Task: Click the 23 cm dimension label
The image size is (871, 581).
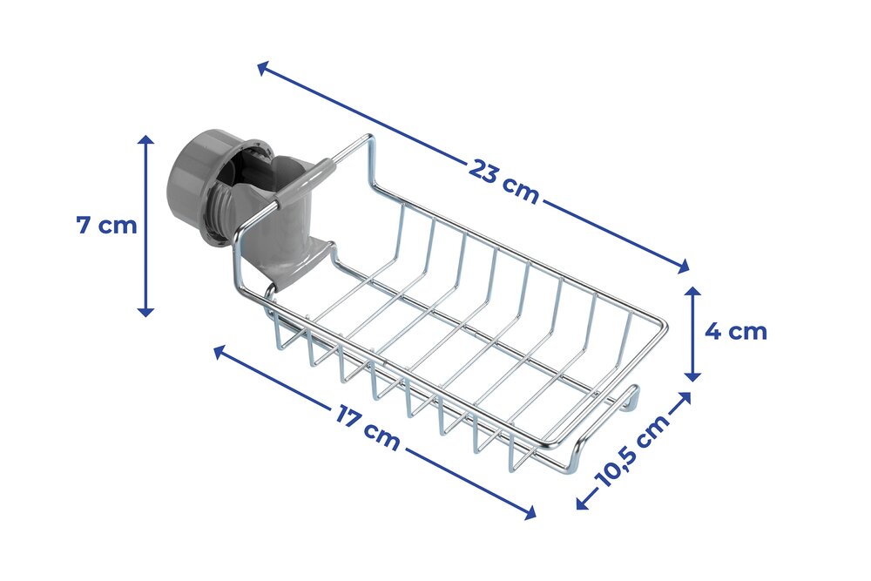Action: click(503, 181)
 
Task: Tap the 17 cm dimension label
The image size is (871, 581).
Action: click(368, 427)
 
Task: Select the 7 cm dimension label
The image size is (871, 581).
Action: click(106, 226)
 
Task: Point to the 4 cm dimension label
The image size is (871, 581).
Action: click(736, 332)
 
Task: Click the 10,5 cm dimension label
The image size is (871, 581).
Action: click(632, 450)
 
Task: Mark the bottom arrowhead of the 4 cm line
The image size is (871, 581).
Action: click(692, 375)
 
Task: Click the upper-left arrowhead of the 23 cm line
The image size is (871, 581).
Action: click(264, 67)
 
